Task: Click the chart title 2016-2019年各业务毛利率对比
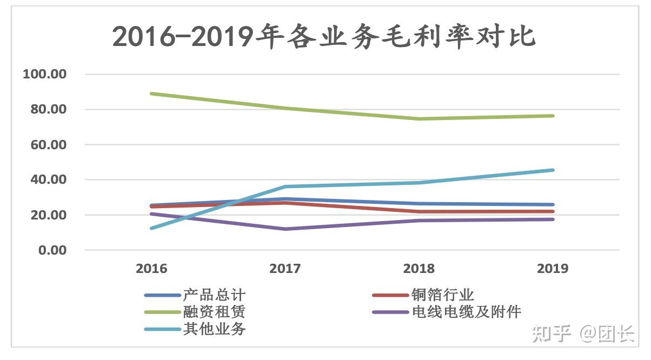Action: point(324,37)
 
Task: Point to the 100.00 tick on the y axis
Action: point(44,74)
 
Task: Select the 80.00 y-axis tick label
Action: point(48,109)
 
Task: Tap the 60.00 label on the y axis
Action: point(48,145)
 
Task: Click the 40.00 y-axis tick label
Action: point(48,179)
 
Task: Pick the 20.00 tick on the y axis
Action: point(48,215)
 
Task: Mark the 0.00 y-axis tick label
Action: point(52,250)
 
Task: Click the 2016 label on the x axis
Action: point(151,269)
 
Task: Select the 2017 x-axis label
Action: point(285,269)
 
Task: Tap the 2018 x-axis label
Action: point(419,269)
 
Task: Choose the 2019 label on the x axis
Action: point(553,269)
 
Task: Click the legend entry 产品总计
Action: point(195,295)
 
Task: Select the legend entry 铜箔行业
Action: point(423,295)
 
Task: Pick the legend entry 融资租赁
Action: point(195,312)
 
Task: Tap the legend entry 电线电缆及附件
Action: point(447,312)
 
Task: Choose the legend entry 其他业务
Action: point(195,329)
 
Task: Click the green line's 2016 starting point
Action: point(152,94)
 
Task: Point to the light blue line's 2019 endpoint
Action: point(553,170)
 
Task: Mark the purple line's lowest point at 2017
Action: point(285,229)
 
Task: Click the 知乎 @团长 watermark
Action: point(583,334)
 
